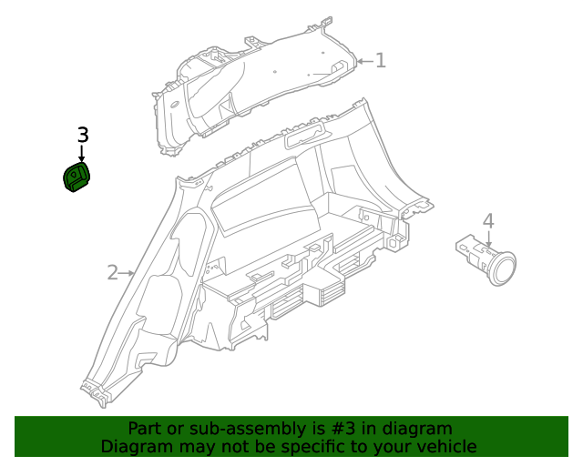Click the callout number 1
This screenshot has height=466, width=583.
click(x=381, y=61)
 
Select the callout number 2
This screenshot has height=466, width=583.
click(x=113, y=272)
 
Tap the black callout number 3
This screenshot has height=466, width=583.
click(x=82, y=135)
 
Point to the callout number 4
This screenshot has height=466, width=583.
click(x=488, y=220)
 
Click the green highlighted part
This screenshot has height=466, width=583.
click(x=80, y=177)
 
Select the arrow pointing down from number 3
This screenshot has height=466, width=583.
click(x=82, y=155)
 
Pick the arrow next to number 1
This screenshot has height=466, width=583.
click(x=363, y=62)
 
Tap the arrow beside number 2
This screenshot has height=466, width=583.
click(x=128, y=272)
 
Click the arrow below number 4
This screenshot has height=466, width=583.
click(x=488, y=240)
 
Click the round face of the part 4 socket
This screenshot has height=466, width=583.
click(x=501, y=268)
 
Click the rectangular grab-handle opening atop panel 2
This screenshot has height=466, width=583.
click(x=302, y=138)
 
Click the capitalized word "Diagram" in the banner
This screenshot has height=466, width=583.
click(x=137, y=447)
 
